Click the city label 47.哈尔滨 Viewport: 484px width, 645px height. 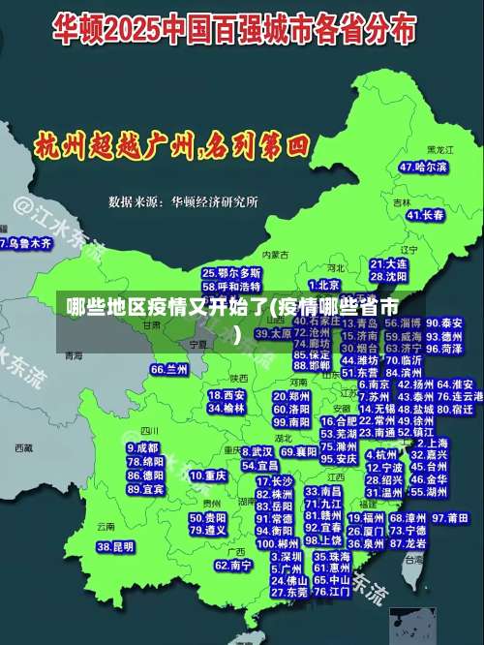(x=423, y=167)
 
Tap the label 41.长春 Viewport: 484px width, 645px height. (x=421, y=215)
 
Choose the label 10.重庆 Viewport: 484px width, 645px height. (x=208, y=476)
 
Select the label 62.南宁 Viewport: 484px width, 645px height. (x=233, y=565)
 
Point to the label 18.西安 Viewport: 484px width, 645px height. (x=227, y=395)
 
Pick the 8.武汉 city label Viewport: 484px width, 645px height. (x=257, y=451)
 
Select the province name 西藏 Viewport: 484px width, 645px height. (x=24, y=448)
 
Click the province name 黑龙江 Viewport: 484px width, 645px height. (x=440, y=151)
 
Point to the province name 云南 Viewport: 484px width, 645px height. (x=106, y=526)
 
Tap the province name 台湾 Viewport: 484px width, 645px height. (x=414, y=560)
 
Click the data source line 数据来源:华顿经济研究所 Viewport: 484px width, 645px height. (x=183, y=202)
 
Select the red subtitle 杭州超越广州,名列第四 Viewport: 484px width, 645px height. (x=171, y=147)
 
